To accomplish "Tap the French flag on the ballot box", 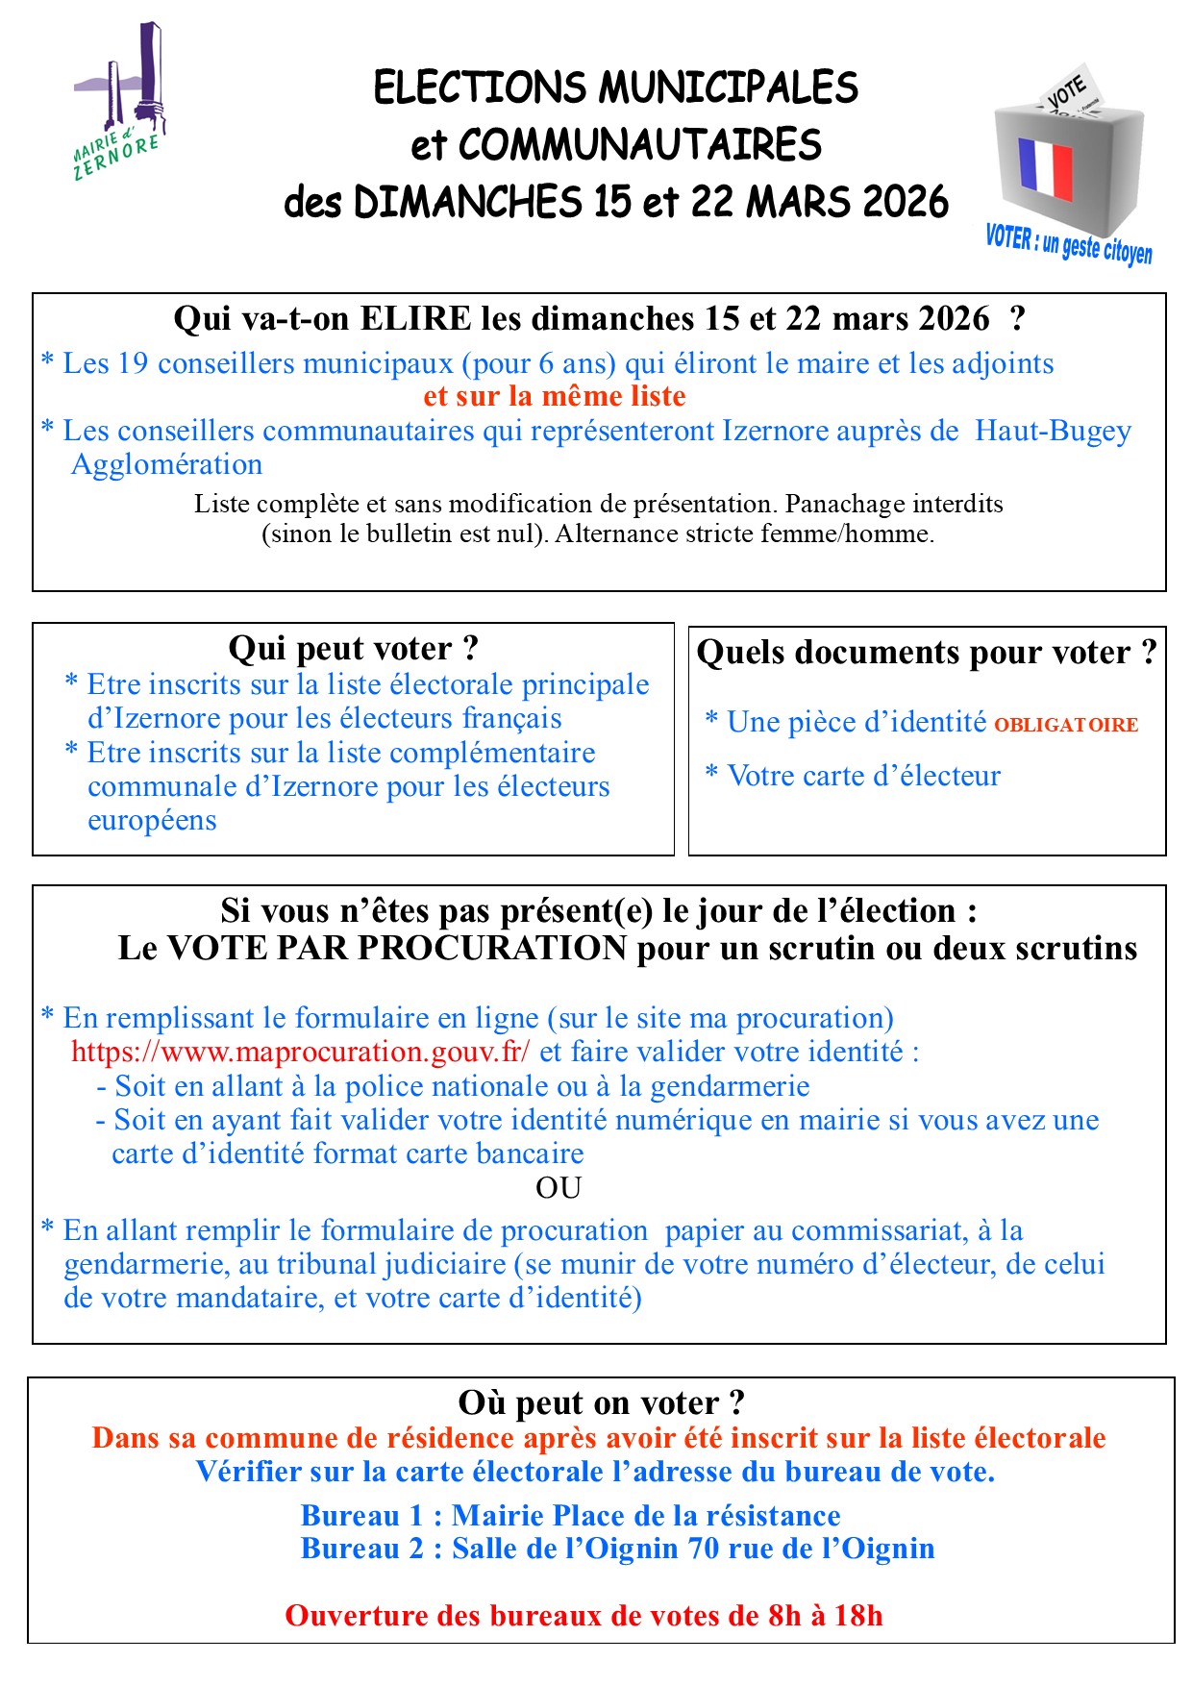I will click(1045, 167).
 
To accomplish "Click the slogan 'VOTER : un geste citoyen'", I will click(1068, 243).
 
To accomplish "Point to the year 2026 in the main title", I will click(905, 202).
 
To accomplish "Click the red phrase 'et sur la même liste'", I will click(555, 396).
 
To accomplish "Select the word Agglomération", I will click(166, 464).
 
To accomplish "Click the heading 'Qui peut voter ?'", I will click(353, 648).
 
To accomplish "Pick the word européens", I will click(152, 820).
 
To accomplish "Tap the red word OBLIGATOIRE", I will click(1065, 725).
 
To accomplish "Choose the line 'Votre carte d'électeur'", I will click(863, 776).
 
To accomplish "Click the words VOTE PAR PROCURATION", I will click(397, 949).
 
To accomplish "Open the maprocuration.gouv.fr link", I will click(300, 1052).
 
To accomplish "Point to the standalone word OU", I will click(559, 1188).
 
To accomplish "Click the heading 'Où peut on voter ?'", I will click(601, 1402).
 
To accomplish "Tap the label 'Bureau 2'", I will click(361, 1549).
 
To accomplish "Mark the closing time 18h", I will click(857, 1615).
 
